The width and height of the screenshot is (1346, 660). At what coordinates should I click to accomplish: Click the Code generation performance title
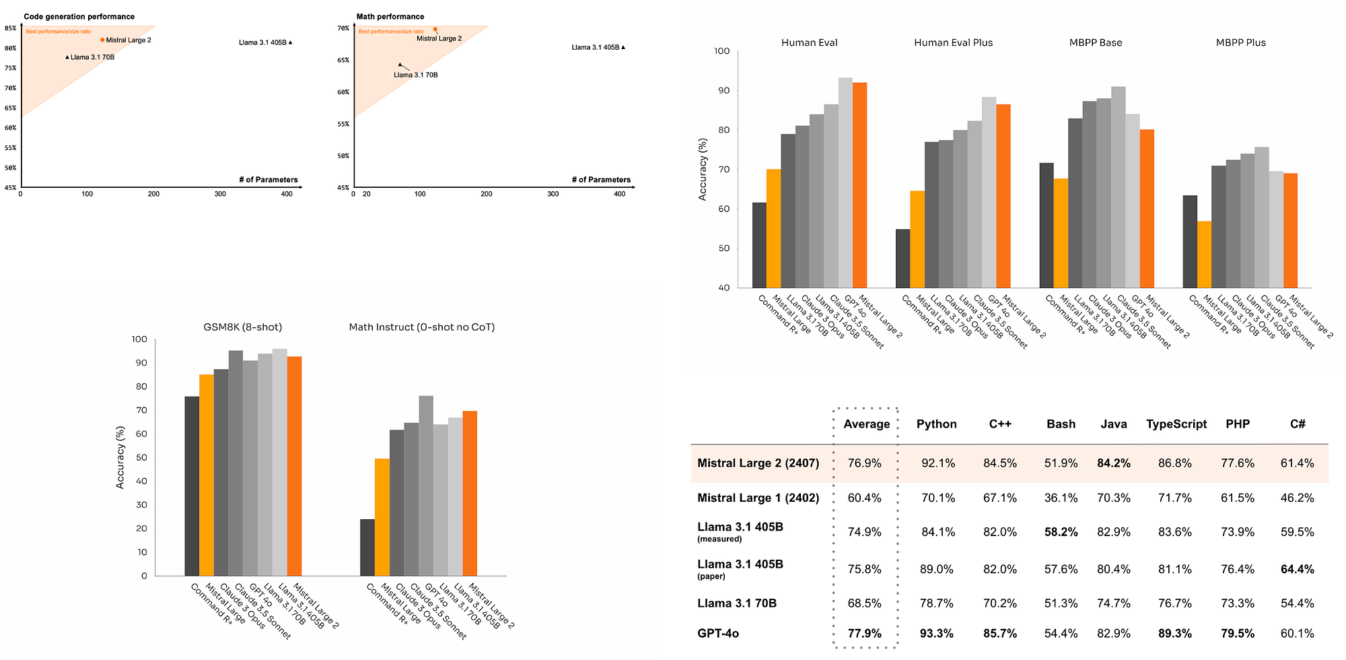(x=79, y=17)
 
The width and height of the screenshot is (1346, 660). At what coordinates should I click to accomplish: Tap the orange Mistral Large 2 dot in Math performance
(x=435, y=30)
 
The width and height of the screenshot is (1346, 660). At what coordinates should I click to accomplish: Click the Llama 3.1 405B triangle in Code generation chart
(x=290, y=42)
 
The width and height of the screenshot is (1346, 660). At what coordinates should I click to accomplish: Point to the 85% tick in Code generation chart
(x=10, y=28)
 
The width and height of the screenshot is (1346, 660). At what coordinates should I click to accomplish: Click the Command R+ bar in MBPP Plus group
(x=1190, y=242)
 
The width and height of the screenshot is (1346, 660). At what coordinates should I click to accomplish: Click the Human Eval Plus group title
(x=953, y=42)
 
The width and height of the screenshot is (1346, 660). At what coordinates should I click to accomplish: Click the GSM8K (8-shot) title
(x=243, y=327)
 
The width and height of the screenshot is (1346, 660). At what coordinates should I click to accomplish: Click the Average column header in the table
(x=866, y=424)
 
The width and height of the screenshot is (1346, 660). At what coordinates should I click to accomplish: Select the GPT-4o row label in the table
(x=718, y=633)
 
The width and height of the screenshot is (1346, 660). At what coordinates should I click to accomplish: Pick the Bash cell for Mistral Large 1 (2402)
(x=1061, y=498)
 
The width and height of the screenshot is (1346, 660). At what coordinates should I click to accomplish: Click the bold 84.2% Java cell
(x=1114, y=463)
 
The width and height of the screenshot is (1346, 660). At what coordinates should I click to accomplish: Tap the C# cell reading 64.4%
(x=1297, y=569)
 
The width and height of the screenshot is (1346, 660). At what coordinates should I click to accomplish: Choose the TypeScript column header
(x=1176, y=424)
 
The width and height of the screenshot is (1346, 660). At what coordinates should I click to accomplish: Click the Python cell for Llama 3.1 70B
(x=936, y=603)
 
